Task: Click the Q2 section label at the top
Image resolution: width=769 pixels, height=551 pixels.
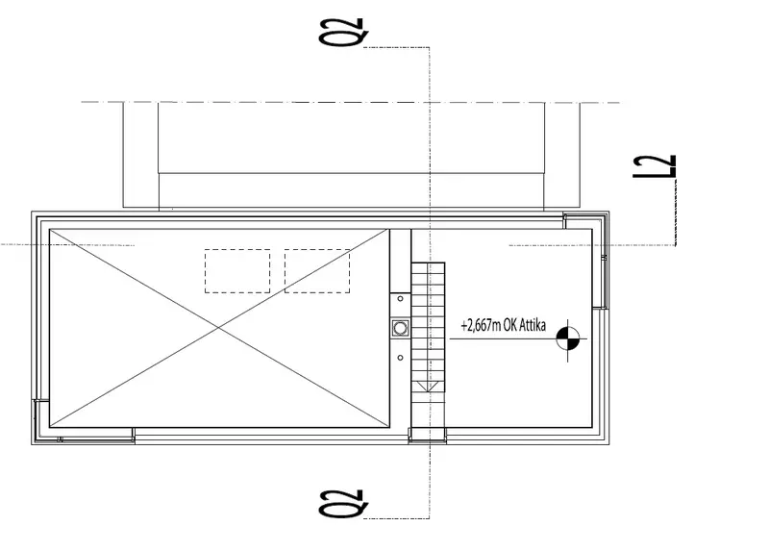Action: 343,33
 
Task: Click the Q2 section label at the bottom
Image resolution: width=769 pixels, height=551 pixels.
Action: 343,504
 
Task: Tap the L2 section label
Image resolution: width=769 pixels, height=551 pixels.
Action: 655,166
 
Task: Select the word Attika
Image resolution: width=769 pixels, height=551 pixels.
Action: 533,325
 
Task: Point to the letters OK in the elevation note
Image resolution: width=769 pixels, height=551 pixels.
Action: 510,325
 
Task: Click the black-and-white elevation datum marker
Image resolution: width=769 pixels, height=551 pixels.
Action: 568,338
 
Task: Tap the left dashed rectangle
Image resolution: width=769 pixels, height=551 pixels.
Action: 237,271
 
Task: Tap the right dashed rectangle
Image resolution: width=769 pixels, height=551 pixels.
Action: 317,271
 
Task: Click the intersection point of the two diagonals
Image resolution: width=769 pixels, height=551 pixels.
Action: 219,328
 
